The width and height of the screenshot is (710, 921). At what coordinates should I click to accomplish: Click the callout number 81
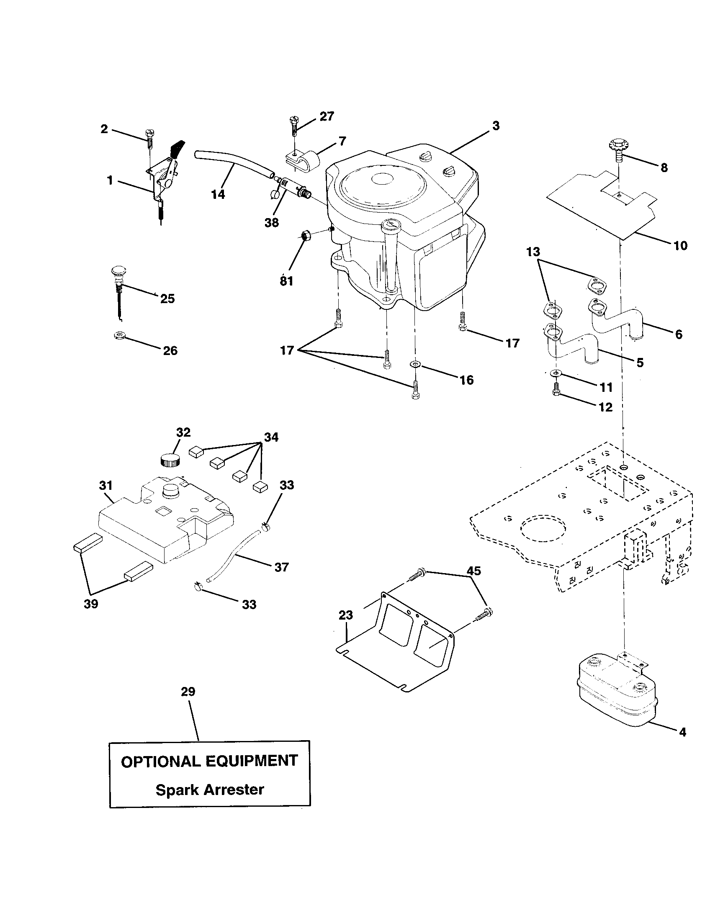tap(286, 280)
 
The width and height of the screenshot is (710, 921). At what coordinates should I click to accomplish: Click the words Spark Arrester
tap(210, 789)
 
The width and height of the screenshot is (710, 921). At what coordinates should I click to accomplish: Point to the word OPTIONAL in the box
tap(161, 761)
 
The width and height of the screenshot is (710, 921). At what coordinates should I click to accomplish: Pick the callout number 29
tap(188, 691)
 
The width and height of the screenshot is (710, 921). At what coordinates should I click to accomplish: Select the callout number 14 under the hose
tap(218, 195)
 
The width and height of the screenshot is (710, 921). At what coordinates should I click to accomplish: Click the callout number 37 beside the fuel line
tap(281, 567)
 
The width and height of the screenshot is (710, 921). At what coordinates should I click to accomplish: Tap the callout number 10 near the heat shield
tap(680, 245)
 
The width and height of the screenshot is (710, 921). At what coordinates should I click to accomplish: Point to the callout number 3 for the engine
tap(496, 126)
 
